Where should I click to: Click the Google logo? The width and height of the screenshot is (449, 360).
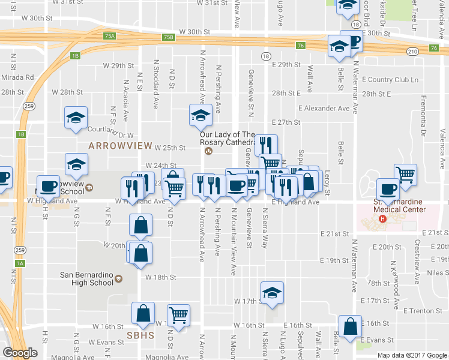[20, 353]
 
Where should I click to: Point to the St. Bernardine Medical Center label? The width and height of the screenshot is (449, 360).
[399, 205]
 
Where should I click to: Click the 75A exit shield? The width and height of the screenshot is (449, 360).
[109, 37]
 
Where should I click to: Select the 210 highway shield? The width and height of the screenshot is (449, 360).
[412, 52]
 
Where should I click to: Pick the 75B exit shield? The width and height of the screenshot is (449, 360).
[169, 37]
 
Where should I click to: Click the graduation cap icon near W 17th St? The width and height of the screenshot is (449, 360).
[272, 293]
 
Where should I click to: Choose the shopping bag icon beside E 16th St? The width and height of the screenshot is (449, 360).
[350, 327]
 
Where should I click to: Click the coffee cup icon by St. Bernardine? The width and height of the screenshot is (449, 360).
[387, 190]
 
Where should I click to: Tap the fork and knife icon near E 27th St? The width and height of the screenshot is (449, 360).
[265, 145]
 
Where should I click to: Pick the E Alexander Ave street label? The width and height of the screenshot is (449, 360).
[324, 109]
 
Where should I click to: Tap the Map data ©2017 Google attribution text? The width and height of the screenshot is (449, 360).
[412, 355]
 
